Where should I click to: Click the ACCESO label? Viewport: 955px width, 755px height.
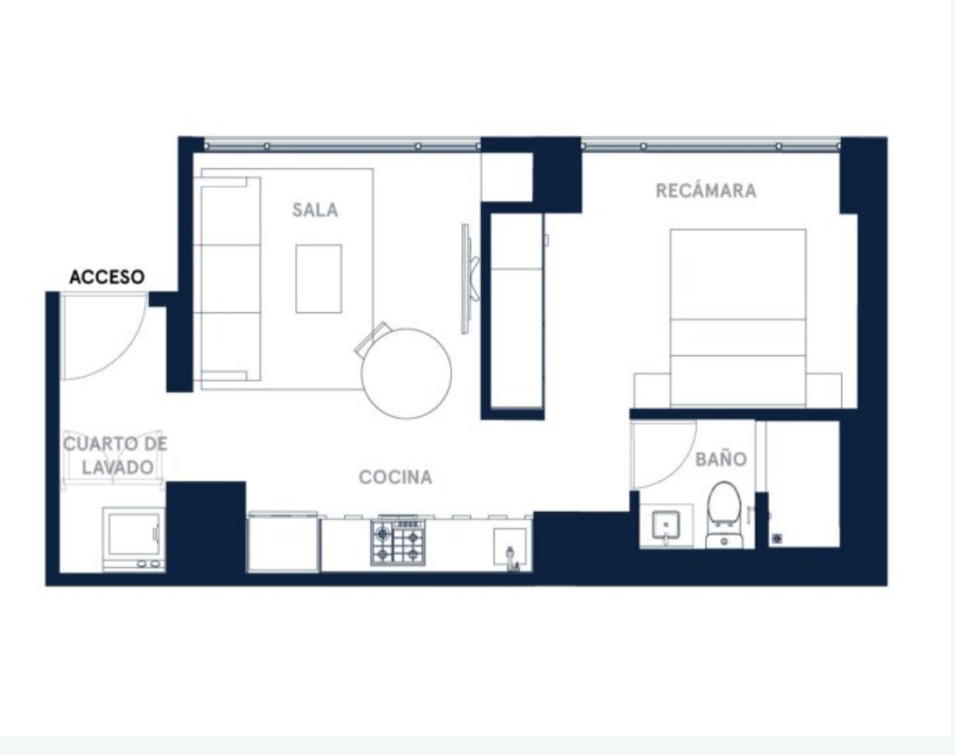click(107, 277)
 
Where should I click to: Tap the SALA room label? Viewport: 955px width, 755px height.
click(315, 210)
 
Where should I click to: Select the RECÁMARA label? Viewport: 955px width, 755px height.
click(706, 191)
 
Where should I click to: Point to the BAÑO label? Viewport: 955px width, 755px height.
click(721, 458)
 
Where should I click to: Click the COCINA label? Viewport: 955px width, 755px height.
click(395, 477)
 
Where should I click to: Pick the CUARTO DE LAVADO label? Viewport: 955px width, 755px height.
click(116, 455)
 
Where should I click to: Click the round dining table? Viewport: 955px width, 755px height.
click(406, 374)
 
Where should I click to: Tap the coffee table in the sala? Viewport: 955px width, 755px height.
click(319, 278)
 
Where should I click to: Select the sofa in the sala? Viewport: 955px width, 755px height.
click(230, 279)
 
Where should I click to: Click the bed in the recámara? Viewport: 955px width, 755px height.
click(737, 318)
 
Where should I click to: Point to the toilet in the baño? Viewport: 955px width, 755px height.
click(724, 514)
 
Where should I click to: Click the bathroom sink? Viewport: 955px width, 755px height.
click(665, 526)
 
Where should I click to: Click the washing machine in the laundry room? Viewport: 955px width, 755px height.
click(134, 538)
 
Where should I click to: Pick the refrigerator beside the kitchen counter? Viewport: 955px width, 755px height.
click(283, 543)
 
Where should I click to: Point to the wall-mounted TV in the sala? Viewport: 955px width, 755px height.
click(468, 278)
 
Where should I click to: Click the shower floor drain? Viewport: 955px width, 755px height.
click(777, 538)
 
